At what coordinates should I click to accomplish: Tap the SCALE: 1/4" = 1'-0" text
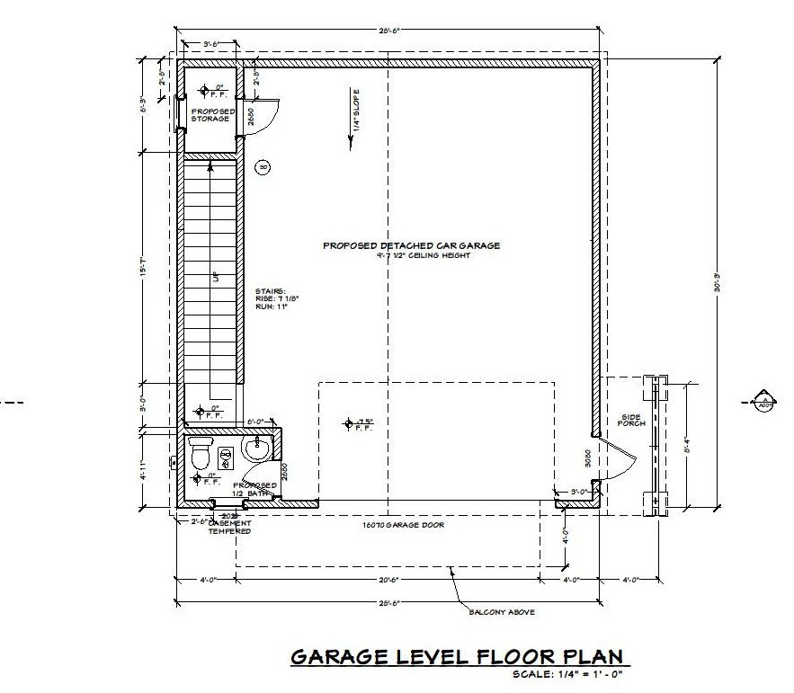tap(567, 674)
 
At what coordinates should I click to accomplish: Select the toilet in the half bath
tap(200, 456)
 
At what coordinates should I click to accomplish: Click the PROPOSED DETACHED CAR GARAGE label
tap(411, 244)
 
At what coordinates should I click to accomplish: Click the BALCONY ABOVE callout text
tap(502, 611)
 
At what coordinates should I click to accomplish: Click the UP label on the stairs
tap(215, 279)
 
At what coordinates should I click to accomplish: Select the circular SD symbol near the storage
tap(263, 167)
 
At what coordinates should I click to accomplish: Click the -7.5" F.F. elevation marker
tap(359, 423)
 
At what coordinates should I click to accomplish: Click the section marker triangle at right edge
tap(763, 399)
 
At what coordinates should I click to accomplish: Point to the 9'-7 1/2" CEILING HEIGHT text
tap(424, 255)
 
